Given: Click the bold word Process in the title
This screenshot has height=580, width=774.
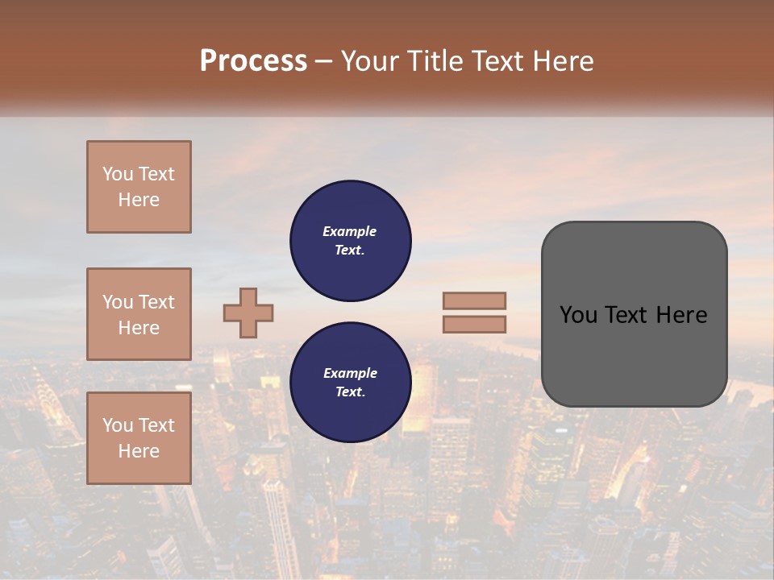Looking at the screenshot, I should click(253, 61).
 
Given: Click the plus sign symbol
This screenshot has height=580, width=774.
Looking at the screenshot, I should click(248, 313).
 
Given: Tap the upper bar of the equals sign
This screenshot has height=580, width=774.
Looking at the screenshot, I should click(474, 300).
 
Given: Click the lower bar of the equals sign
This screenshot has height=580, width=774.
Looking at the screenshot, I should click(474, 324).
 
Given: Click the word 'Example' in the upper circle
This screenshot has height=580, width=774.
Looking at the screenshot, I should click(350, 231).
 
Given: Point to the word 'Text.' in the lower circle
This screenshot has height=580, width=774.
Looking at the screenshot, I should click(350, 392).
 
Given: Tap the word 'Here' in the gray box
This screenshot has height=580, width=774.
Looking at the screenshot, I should click(681, 315).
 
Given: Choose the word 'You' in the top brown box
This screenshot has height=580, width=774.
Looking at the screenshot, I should click(117, 174).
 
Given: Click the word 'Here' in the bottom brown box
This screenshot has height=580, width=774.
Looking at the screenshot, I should click(139, 451).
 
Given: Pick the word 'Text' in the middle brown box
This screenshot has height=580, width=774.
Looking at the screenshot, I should click(156, 302).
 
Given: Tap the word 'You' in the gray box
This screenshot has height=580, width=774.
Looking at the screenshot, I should click(578, 315).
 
